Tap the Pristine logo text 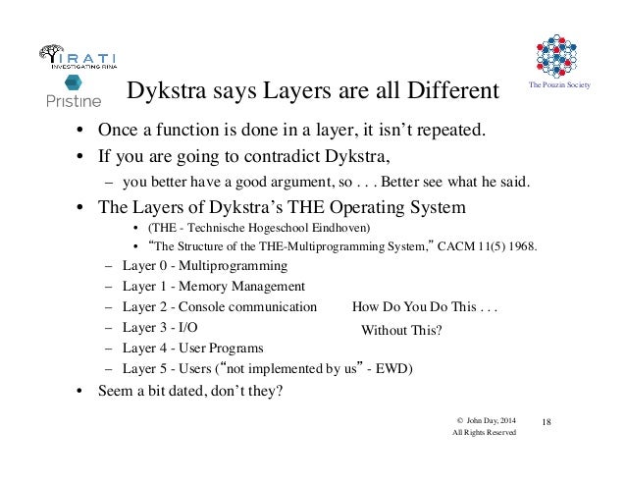72,100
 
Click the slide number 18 547,421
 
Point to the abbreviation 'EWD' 392,369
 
